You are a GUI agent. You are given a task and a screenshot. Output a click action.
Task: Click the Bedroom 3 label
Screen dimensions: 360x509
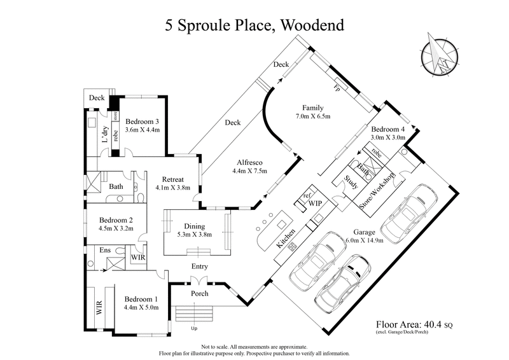(142, 121)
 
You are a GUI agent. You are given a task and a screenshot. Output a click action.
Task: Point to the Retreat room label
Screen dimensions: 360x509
(172, 179)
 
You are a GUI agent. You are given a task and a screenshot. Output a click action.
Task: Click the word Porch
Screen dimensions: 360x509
(200, 293)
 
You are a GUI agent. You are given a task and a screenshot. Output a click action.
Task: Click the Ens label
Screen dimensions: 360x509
(105, 251)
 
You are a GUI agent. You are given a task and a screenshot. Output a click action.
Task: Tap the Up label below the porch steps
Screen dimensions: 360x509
(193, 329)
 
